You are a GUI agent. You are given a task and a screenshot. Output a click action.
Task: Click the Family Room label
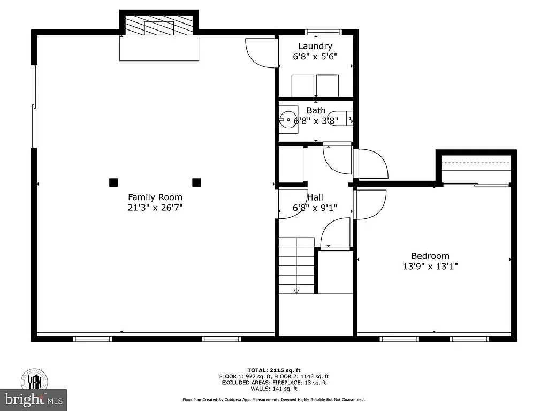click(x=155, y=197)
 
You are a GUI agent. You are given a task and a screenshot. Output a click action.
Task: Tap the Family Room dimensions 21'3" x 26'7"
click(x=155, y=208)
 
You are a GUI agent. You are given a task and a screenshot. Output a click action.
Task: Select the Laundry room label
click(x=315, y=46)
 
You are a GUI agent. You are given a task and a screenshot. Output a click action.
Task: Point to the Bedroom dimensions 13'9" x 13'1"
click(x=430, y=265)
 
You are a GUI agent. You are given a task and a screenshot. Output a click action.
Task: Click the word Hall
click(x=315, y=197)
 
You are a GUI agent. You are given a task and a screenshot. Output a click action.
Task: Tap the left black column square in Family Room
click(x=113, y=182)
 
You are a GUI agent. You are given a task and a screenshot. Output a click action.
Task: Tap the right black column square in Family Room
click(x=196, y=182)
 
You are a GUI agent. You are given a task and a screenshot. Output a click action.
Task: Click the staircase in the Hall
click(x=296, y=264)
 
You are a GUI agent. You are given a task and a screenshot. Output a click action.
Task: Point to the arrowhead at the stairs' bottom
click(x=296, y=291)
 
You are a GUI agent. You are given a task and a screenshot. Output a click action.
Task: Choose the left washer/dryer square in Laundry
click(x=302, y=85)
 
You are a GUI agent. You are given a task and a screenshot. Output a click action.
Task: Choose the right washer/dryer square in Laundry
click(x=327, y=85)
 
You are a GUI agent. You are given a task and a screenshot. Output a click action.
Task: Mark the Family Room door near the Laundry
click(x=260, y=53)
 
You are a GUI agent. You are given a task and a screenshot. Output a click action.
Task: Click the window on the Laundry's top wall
click(x=323, y=32)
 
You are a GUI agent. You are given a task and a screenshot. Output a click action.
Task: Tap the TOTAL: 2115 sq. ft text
click(x=273, y=370)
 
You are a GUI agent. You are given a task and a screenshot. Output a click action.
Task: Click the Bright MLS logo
click(x=33, y=399)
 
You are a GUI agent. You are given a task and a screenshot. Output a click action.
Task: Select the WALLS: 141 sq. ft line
click(x=273, y=388)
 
